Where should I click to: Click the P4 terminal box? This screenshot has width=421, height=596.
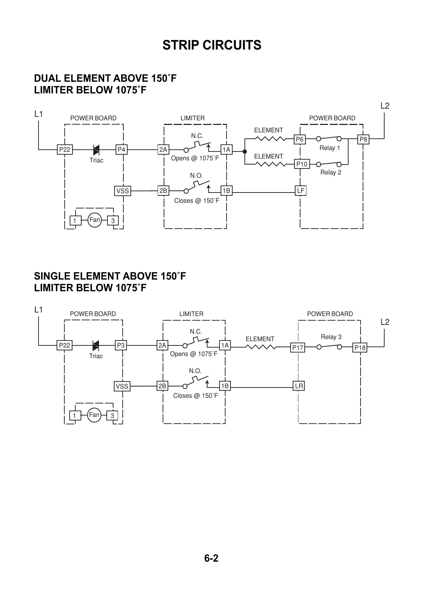(x=121, y=150)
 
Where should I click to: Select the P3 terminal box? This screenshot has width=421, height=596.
(x=121, y=345)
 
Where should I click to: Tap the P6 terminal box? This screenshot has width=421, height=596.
(x=299, y=139)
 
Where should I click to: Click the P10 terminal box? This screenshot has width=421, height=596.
(x=302, y=164)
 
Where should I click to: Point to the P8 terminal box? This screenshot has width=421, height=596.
(x=363, y=139)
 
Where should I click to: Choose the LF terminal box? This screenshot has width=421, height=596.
(x=300, y=191)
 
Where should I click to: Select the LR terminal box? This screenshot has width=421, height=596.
(x=299, y=386)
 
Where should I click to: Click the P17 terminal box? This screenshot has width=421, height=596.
(x=298, y=348)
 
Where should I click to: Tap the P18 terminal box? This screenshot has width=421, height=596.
(x=360, y=348)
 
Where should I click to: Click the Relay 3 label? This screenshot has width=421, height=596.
(x=331, y=337)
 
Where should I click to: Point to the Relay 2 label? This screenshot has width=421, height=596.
(x=331, y=172)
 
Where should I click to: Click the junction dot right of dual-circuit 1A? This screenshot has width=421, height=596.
(x=244, y=151)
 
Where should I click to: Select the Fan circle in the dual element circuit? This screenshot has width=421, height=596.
(x=94, y=220)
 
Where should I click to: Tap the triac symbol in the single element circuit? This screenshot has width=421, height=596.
(x=95, y=345)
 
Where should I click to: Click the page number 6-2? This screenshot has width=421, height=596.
(x=211, y=558)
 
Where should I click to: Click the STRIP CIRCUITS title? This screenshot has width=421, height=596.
(x=212, y=45)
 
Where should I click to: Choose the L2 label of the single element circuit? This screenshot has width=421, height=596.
(x=385, y=322)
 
